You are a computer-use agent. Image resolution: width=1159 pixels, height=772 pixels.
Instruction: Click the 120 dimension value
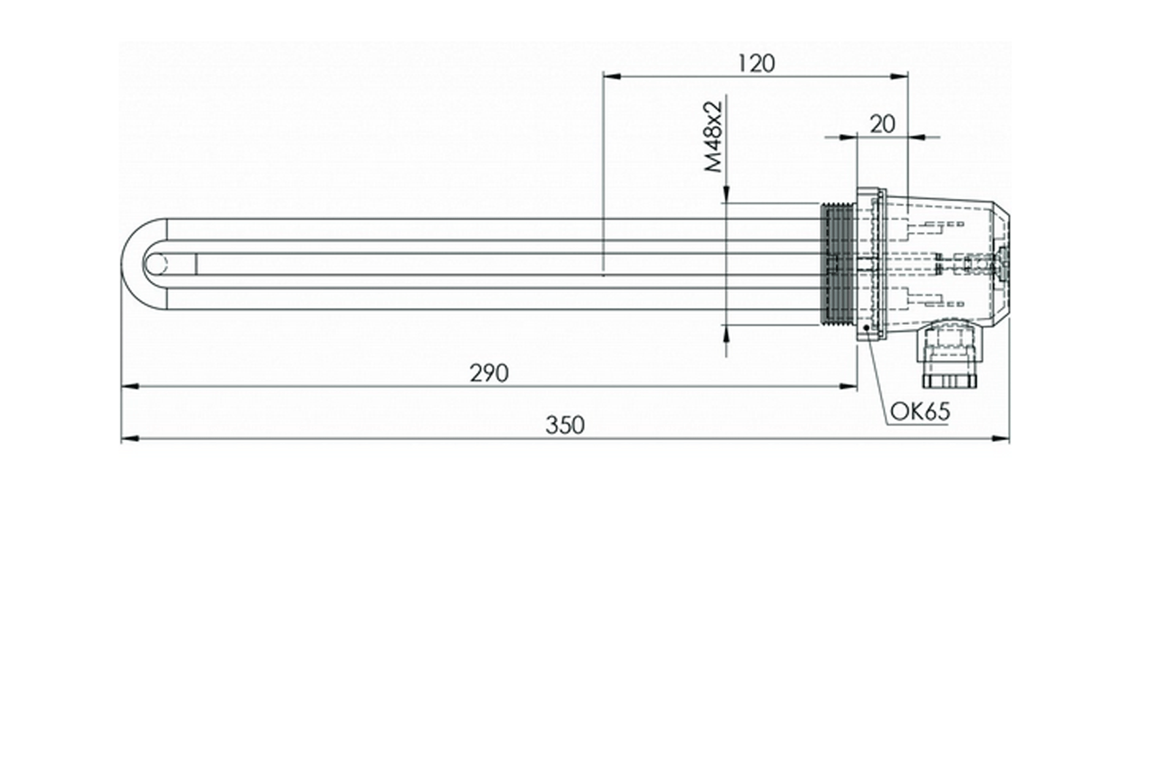(x=756, y=63)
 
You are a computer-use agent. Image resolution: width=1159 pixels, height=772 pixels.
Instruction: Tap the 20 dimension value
(x=882, y=124)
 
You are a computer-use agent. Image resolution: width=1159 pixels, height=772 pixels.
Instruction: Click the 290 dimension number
(x=489, y=373)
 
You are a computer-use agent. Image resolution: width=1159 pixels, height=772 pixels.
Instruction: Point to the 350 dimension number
(x=564, y=426)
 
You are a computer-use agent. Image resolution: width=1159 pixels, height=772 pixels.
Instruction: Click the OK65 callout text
(x=920, y=412)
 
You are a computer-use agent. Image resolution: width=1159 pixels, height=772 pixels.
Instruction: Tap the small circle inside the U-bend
(x=155, y=265)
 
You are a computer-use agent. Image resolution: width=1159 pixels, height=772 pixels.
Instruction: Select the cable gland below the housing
(x=948, y=356)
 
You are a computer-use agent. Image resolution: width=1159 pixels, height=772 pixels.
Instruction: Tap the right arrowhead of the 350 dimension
(x=1001, y=439)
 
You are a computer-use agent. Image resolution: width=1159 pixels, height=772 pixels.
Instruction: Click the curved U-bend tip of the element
(x=128, y=265)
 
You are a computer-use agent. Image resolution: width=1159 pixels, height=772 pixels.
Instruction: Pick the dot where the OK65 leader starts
(x=867, y=327)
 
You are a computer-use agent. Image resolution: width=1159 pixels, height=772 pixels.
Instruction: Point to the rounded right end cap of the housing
(x=1002, y=265)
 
